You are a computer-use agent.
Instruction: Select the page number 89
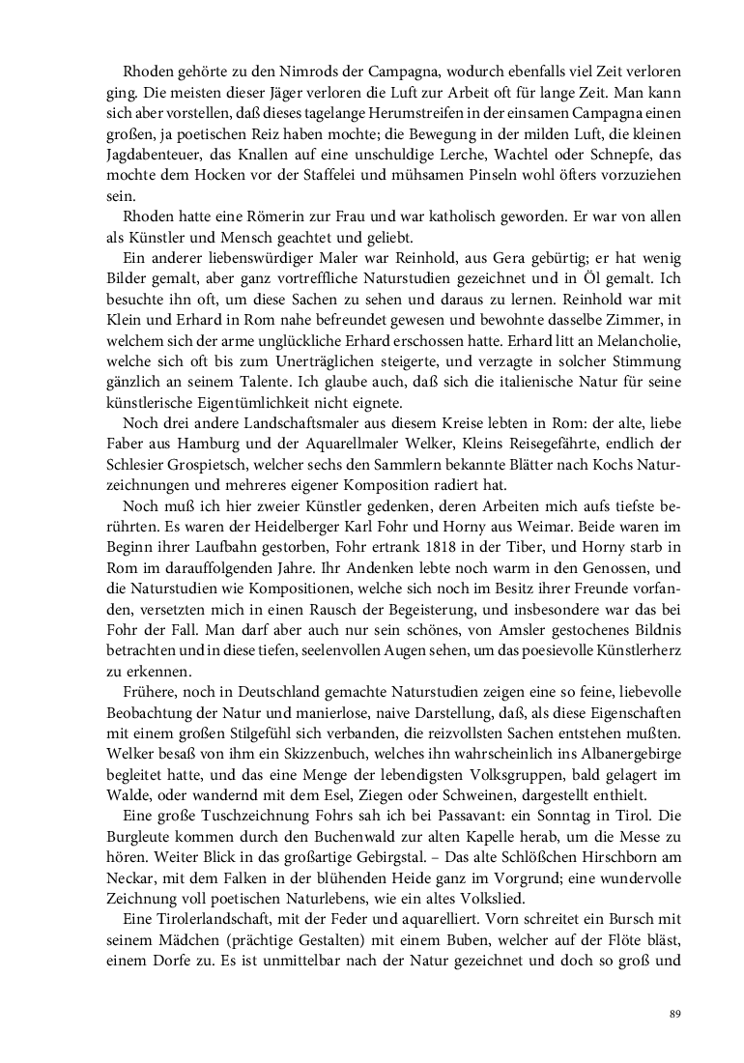pyautogui.click(x=674, y=1013)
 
